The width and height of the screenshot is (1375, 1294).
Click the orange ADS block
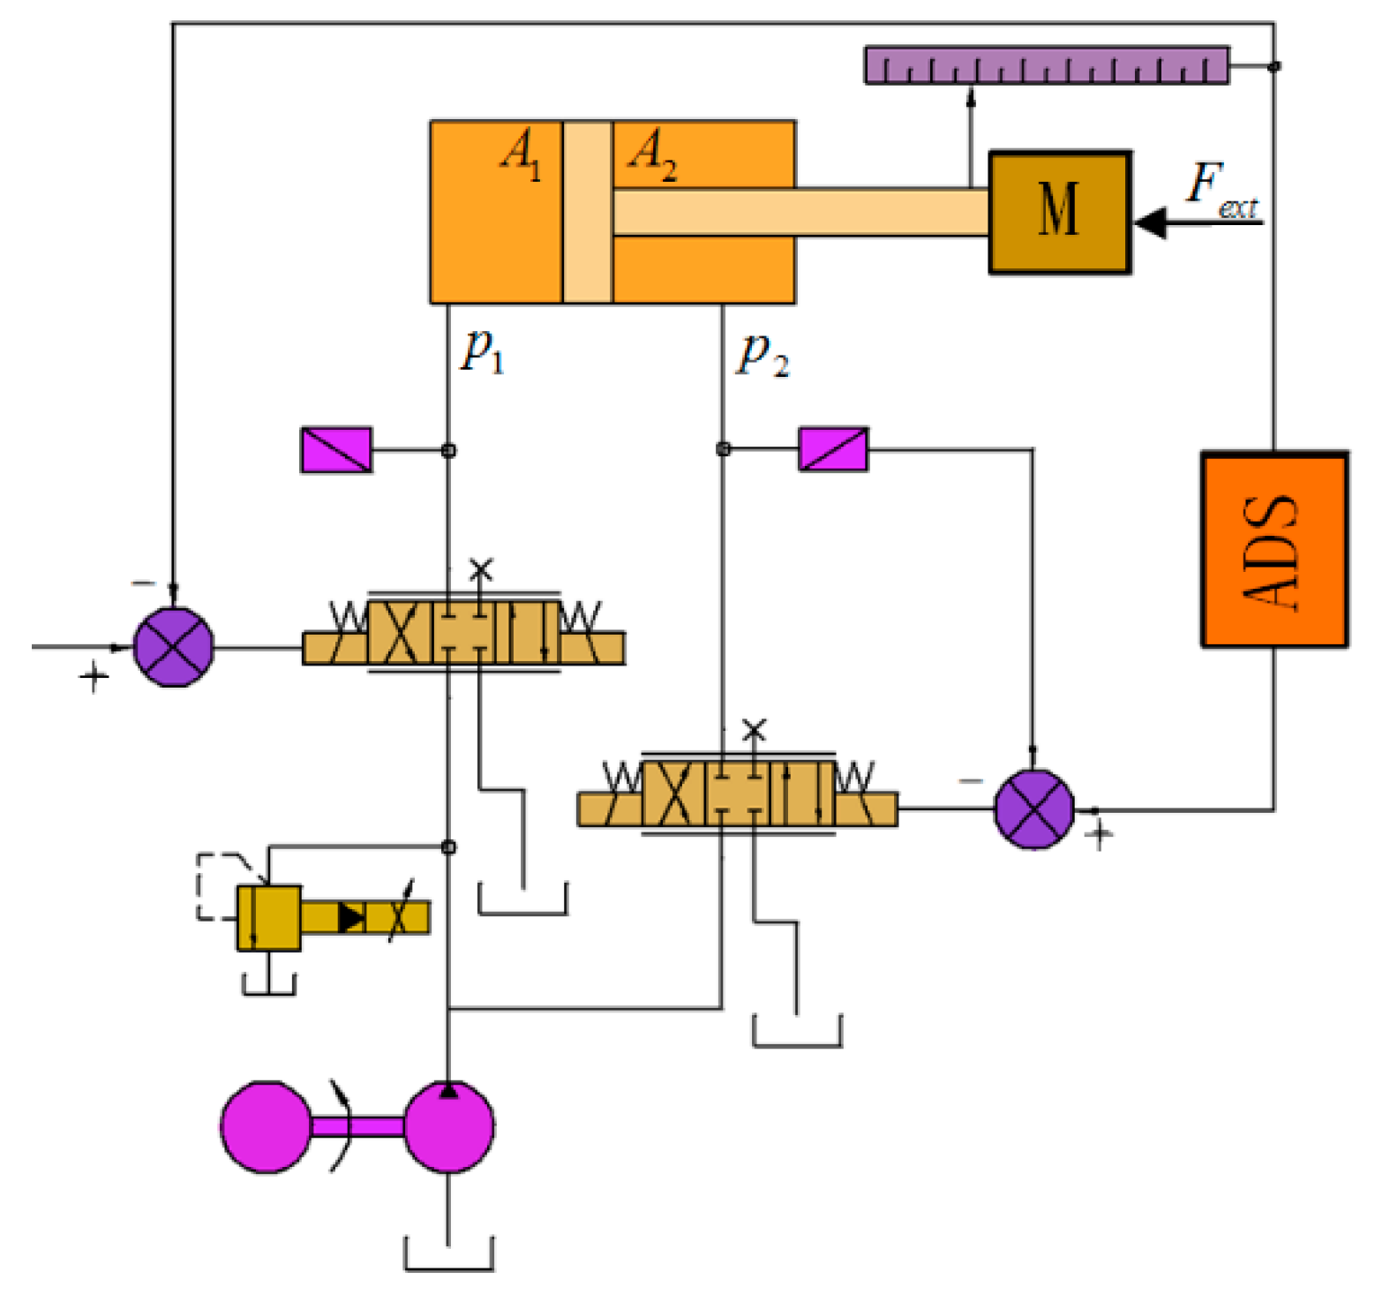tap(1274, 549)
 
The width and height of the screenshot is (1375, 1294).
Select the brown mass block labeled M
tap(1059, 212)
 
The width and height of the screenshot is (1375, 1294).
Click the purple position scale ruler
tap(1046, 65)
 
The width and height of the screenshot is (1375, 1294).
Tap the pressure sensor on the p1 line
tap(336, 450)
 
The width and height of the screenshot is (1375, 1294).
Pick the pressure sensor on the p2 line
tap(833, 449)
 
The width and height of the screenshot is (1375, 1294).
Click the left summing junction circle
tap(173, 647)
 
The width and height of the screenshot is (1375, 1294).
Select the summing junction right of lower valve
tap(1033, 809)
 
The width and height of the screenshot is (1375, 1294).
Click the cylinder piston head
tap(587, 212)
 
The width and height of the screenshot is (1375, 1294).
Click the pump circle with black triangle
tap(448, 1126)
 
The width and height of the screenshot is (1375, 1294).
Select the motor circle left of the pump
tap(266, 1126)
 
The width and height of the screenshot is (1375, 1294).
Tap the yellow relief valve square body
tap(268, 918)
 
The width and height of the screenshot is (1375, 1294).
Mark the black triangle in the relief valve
tap(350, 918)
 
